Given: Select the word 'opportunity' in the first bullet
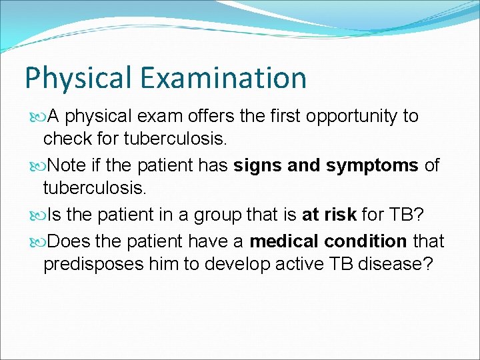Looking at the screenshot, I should click(354, 116).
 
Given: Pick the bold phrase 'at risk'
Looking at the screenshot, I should click(329, 215).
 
